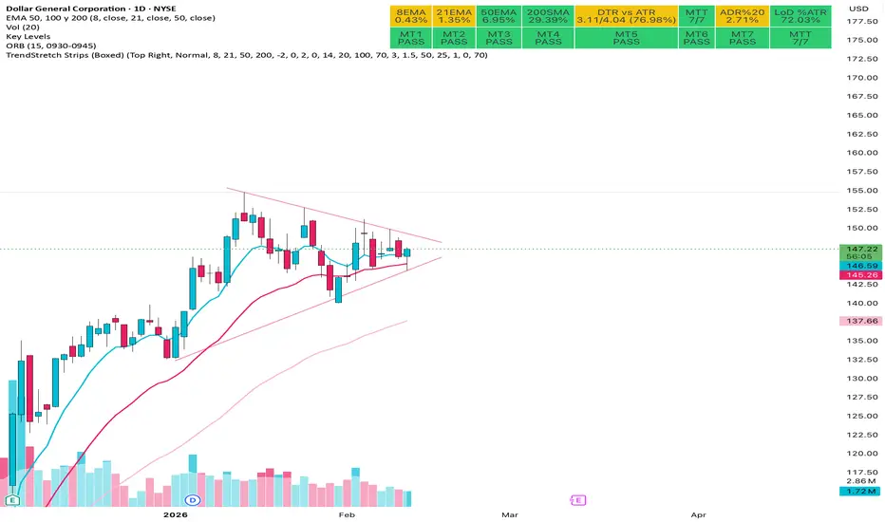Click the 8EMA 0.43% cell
(410, 15)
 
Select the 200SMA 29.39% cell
(549, 15)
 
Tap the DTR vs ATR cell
(626, 15)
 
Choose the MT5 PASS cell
(626, 38)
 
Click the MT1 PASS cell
(410, 38)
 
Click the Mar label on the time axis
(510, 513)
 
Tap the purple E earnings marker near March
(575, 498)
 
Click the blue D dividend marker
(192, 498)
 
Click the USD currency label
(859, 9)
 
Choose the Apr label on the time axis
(698, 513)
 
